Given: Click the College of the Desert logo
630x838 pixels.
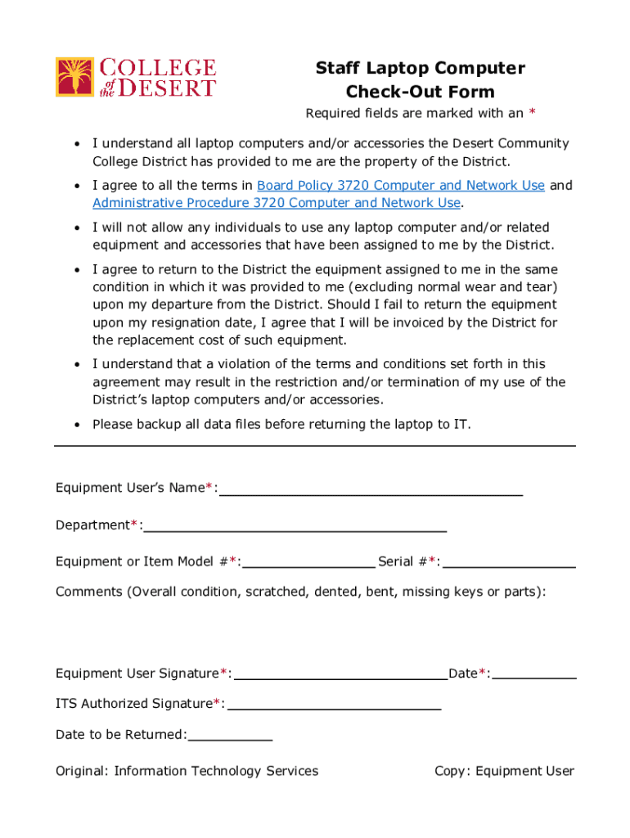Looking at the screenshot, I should (x=135, y=78).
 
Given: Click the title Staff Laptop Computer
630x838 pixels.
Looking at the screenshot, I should (x=420, y=69).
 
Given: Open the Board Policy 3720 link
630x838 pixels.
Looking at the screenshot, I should (x=401, y=186).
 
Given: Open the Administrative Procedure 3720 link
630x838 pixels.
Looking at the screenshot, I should (x=277, y=203).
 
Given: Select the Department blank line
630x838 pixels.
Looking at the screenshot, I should (x=295, y=527).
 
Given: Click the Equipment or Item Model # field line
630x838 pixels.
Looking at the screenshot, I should (x=308, y=563).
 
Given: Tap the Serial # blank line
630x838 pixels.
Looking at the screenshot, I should (x=509, y=563).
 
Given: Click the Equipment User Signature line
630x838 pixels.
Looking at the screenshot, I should (x=340, y=675).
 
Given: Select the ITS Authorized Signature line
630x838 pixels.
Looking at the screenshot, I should (x=334, y=705).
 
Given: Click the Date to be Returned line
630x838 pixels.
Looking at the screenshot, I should (x=230, y=737).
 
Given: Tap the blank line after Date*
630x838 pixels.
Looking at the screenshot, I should (x=534, y=675).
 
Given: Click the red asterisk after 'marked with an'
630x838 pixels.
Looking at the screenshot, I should (x=533, y=113).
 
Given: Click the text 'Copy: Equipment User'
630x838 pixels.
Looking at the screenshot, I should (x=504, y=771).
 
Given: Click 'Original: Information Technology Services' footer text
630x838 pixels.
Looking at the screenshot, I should (x=187, y=771).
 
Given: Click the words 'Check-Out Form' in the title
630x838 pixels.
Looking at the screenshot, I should (x=420, y=92).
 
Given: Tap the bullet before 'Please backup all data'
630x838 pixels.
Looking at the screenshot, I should (x=76, y=425).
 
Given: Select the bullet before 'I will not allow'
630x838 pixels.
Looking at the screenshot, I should (x=76, y=228).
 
